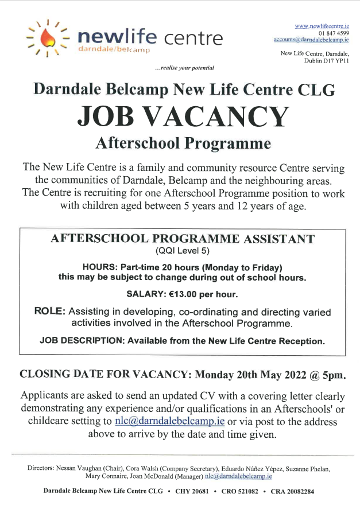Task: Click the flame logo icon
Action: click(48, 38)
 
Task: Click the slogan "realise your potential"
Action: click(185, 68)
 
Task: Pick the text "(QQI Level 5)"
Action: click(183, 251)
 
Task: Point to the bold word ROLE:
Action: click(49, 312)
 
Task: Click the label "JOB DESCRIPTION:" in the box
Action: click(82, 341)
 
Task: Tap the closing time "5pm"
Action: click(334, 375)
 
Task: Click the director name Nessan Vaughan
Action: click(82, 468)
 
